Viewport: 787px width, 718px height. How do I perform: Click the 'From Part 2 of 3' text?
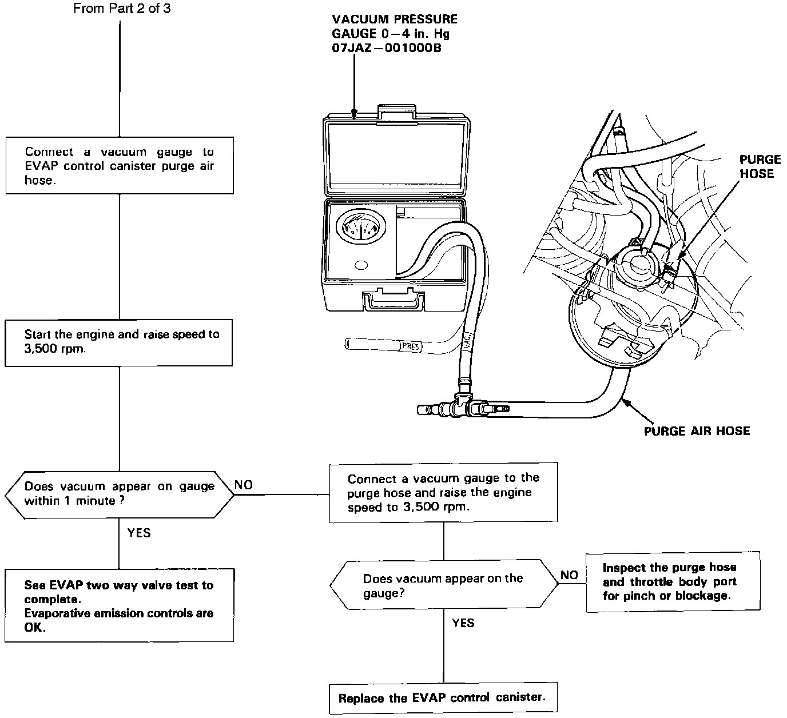click(x=122, y=9)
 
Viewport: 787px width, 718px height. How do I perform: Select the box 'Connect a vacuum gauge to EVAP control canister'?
click(x=120, y=166)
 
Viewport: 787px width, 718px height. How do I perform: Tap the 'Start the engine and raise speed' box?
click(x=119, y=342)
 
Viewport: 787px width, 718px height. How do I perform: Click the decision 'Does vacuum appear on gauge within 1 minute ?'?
click(x=119, y=494)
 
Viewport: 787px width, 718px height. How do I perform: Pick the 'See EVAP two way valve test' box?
click(x=119, y=605)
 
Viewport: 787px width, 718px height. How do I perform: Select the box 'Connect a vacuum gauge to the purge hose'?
click(x=443, y=492)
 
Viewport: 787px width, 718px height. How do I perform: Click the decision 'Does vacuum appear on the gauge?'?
click(x=443, y=585)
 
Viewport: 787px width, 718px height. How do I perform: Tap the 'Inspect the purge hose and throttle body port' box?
click(x=673, y=582)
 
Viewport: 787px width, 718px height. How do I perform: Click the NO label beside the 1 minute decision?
click(x=244, y=485)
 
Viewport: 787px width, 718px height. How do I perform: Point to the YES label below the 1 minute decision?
click(x=139, y=533)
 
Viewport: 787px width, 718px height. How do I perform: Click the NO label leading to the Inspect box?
click(x=569, y=575)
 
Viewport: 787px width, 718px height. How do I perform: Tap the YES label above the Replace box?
click(x=463, y=623)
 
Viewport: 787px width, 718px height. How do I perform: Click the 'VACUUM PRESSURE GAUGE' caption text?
click(x=394, y=34)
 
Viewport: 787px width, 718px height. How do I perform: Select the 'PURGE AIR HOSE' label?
click(x=697, y=431)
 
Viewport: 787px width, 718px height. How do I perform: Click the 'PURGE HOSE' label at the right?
click(x=760, y=166)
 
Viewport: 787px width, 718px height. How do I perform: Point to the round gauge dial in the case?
click(x=360, y=229)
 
